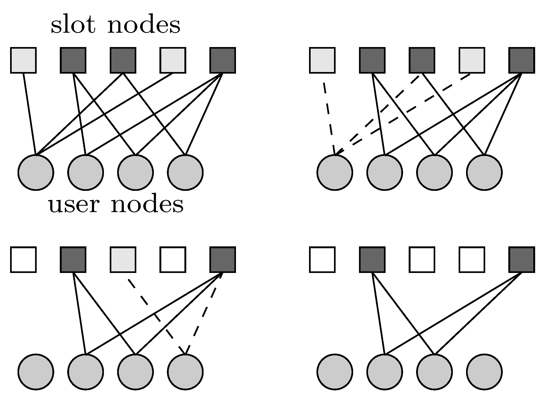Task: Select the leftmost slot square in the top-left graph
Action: (x=23, y=60)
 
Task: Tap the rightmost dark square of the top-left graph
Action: (x=222, y=60)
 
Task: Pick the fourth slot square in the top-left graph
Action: (x=173, y=60)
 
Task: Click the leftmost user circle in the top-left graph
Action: (x=36, y=172)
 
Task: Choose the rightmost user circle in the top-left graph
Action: (x=185, y=172)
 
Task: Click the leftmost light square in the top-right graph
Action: (x=322, y=60)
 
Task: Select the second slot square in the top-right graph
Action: (x=372, y=60)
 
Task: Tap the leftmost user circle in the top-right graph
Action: (x=335, y=172)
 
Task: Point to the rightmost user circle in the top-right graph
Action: (x=484, y=172)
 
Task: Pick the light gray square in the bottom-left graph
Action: (x=123, y=260)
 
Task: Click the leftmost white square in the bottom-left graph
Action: (x=23, y=260)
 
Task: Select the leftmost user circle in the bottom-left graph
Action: (x=36, y=372)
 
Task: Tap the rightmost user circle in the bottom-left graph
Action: (x=185, y=372)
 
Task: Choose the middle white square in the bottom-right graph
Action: (x=422, y=260)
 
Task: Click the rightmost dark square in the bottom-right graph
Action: (x=522, y=260)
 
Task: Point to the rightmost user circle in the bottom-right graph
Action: (x=484, y=372)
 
